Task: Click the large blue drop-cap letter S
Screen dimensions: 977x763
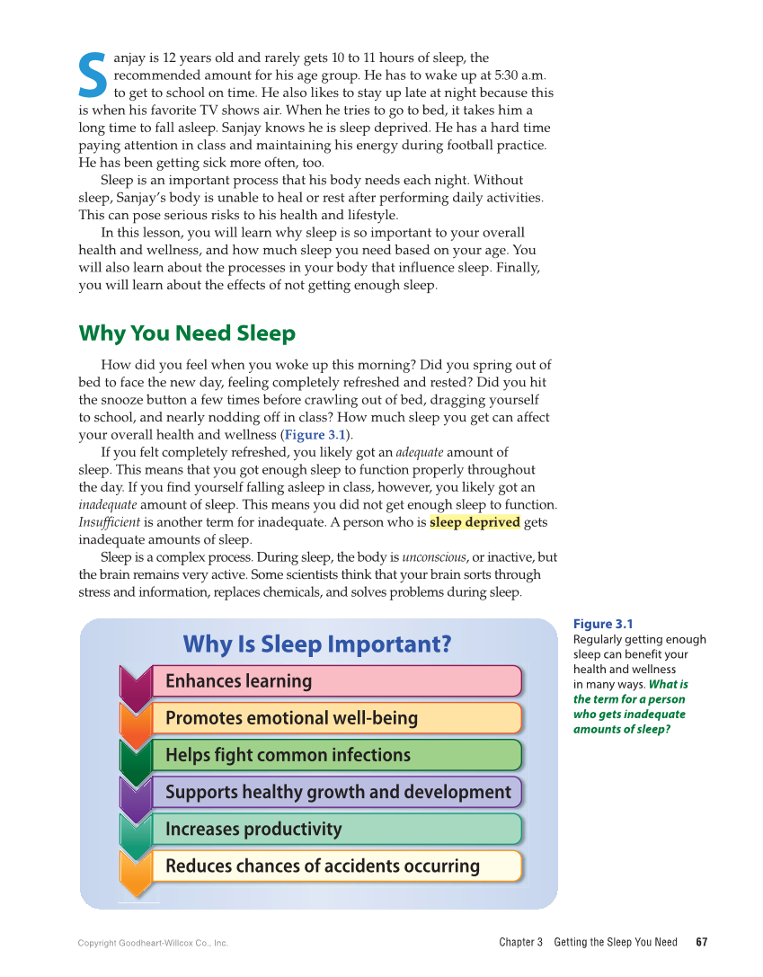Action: tap(93, 76)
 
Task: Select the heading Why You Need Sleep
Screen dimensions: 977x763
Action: tap(187, 333)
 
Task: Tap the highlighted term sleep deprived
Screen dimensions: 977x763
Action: tap(475, 522)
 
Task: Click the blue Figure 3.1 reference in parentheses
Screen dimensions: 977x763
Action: tap(316, 435)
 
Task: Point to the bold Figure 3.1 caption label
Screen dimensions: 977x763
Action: tap(603, 624)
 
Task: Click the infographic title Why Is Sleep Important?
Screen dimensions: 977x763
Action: tap(317, 644)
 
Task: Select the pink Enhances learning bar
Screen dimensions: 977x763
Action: tap(335, 681)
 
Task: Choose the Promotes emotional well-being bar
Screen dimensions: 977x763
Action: tap(335, 718)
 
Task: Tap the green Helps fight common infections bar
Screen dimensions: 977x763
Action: tap(335, 755)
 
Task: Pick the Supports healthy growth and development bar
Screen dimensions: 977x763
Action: tap(335, 792)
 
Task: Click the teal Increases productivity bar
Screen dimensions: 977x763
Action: tap(335, 829)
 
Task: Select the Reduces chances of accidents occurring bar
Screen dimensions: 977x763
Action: tap(335, 866)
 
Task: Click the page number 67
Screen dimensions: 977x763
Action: tap(702, 942)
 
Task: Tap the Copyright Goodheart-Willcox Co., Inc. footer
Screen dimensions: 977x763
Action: tap(153, 943)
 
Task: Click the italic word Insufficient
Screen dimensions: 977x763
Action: tap(109, 522)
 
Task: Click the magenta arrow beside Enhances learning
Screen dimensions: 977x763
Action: tap(135, 687)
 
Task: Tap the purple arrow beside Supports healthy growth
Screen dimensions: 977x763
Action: tap(135, 797)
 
